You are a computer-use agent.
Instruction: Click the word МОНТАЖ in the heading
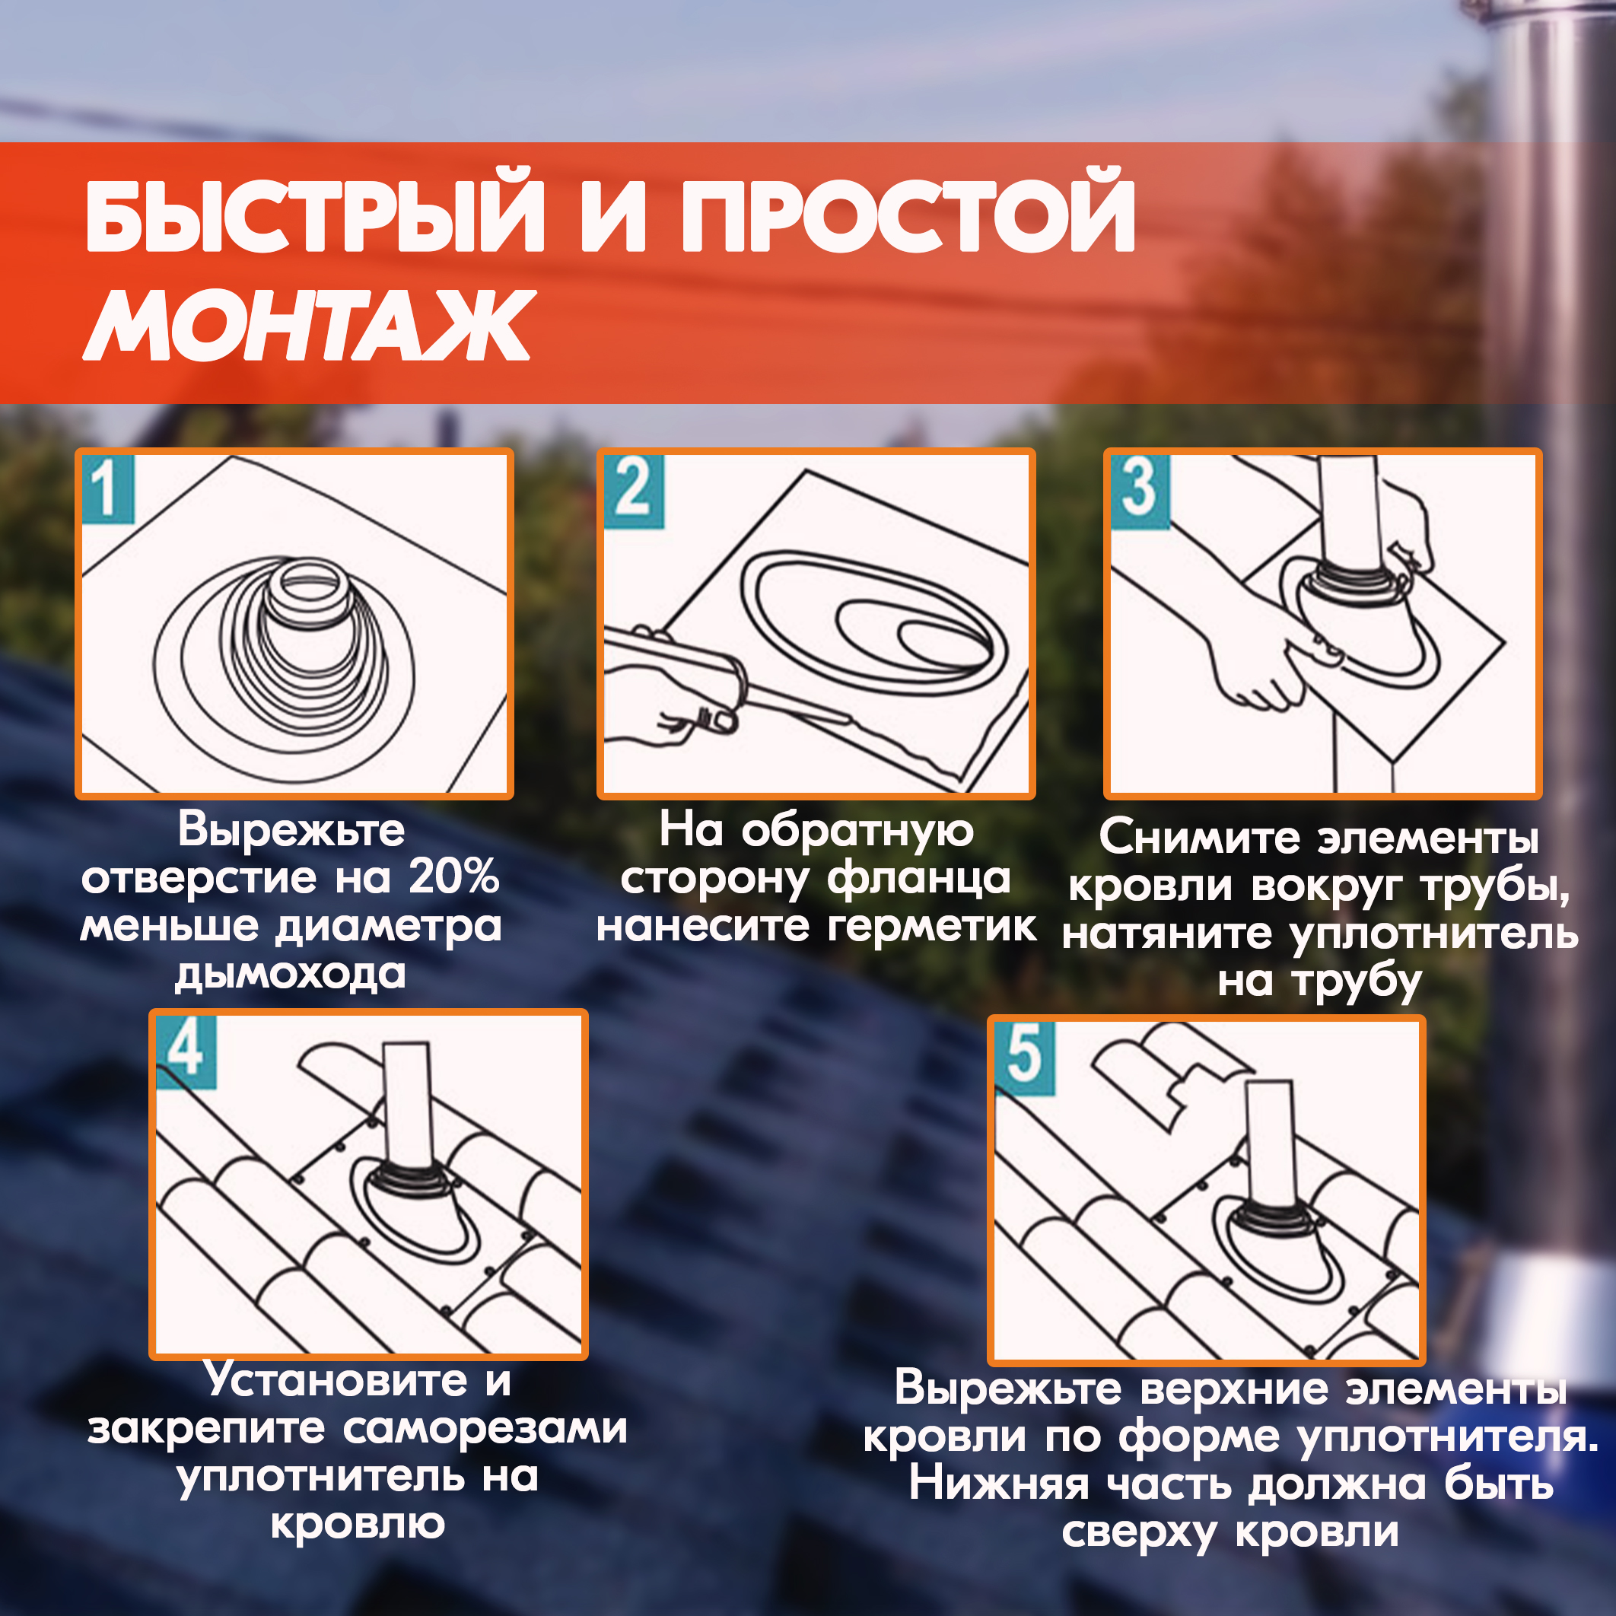pyautogui.click(x=309, y=326)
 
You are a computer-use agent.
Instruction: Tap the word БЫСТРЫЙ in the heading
pyautogui.click(x=315, y=210)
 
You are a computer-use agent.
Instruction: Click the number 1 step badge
pyautogui.click(x=108, y=489)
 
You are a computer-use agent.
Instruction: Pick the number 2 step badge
pyautogui.click(x=634, y=491)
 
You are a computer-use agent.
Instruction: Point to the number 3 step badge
pyautogui.click(x=1140, y=491)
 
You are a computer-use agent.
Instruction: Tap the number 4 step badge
pyautogui.click(x=186, y=1051)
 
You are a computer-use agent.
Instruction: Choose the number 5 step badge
pyautogui.click(x=1026, y=1058)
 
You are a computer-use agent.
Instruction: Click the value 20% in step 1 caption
pyautogui.click(x=454, y=877)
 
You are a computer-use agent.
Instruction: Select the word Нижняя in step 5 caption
pyautogui.click(x=999, y=1484)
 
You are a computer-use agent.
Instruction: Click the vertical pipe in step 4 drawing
pyautogui.click(x=406, y=1104)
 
